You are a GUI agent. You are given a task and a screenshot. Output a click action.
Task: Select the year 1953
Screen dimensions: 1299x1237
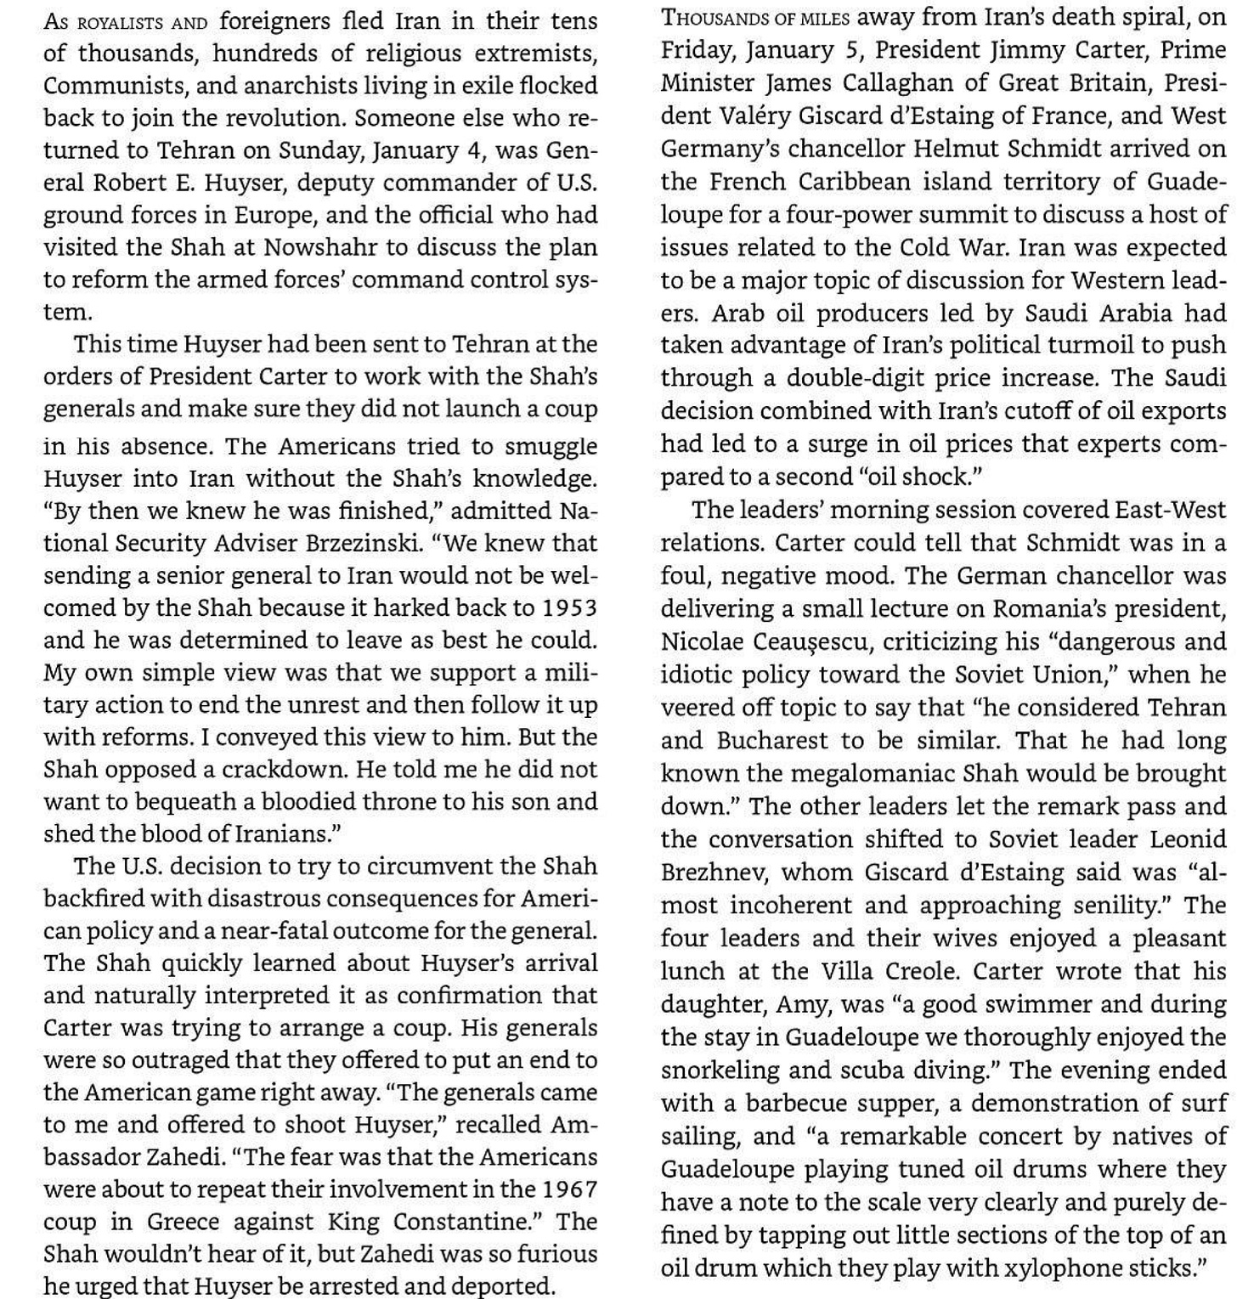click(569, 608)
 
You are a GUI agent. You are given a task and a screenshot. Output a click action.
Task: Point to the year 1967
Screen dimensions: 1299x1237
click(569, 1189)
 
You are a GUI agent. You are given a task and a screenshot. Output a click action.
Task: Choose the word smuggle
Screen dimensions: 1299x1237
click(551, 446)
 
